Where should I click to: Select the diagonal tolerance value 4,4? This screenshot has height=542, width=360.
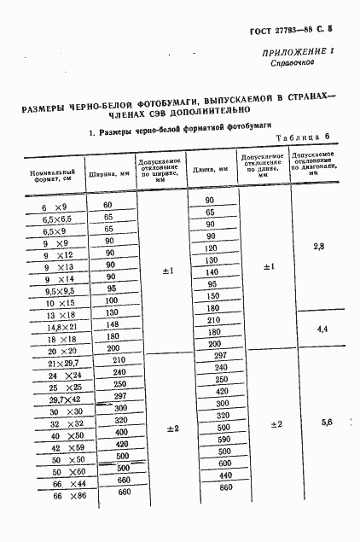point(322,328)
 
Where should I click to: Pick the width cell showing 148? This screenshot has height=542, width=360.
point(111,324)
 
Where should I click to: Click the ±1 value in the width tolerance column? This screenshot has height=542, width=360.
point(168,271)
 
